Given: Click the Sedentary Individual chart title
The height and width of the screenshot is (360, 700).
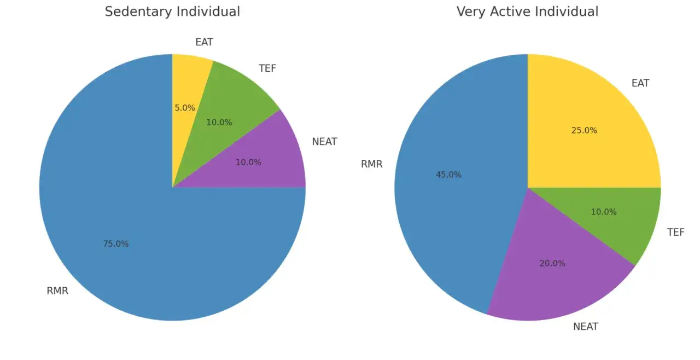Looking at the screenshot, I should pyautogui.click(x=172, y=11).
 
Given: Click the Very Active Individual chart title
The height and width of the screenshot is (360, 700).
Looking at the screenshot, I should pyautogui.click(x=527, y=11).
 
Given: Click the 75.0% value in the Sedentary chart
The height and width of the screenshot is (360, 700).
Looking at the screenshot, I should pyautogui.click(x=116, y=244).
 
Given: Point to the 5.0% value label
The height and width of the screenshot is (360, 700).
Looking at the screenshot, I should pyautogui.click(x=185, y=108).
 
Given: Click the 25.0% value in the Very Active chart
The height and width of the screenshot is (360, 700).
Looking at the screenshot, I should pyautogui.click(x=584, y=131).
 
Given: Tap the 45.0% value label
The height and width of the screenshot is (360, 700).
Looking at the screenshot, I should pyautogui.click(x=448, y=175).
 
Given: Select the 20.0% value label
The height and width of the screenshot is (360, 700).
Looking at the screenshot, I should pyautogui.click(x=552, y=263).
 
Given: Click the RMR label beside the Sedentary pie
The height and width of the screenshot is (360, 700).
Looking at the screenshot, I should pyautogui.click(x=57, y=291).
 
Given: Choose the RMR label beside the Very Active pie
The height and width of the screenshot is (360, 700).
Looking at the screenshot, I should pyautogui.click(x=372, y=164).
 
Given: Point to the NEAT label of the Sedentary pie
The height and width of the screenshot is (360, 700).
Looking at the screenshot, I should pyautogui.click(x=324, y=142).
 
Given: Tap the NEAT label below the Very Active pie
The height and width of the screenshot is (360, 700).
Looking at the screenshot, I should pyautogui.click(x=586, y=327).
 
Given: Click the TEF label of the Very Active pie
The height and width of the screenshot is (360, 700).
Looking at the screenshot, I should pyautogui.click(x=676, y=233).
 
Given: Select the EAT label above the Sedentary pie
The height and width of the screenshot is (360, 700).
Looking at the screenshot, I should pyautogui.click(x=204, y=42).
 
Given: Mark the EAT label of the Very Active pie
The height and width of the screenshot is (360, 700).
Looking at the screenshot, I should pyautogui.click(x=640, y=83).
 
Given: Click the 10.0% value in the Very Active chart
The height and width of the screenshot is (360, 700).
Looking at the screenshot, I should pyautogui.click(x=604, y=212).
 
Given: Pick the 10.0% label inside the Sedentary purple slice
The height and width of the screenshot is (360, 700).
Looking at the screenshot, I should pyautogui.click(x=248, y=162).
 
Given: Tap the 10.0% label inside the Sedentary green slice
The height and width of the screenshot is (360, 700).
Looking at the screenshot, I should pyautogui.click(x=219, y=123).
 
